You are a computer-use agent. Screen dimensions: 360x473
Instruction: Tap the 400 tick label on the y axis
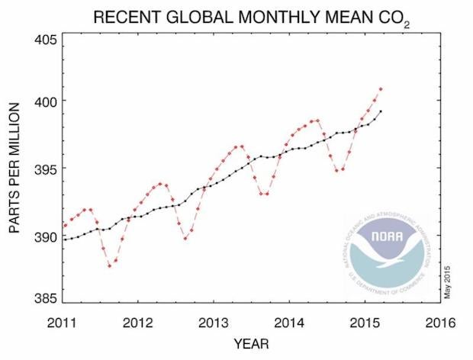pos(44,101)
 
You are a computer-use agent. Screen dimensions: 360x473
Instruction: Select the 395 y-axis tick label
pos(44,169)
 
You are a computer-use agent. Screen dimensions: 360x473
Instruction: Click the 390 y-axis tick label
pos(44,236)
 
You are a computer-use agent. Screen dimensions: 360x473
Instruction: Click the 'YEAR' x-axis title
pos(253,344)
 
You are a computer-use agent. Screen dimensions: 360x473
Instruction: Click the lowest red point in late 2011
pos(109,266)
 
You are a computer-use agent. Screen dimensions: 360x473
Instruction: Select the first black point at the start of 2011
pos(65,239)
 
